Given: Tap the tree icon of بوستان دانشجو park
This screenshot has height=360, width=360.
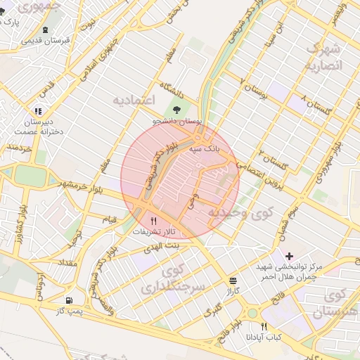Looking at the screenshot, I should [176, 109].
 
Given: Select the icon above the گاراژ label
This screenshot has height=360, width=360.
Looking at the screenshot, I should [233, 279].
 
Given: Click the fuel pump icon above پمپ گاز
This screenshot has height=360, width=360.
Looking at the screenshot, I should [68, 300].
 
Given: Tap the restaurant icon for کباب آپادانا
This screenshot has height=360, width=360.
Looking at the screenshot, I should [264, 327].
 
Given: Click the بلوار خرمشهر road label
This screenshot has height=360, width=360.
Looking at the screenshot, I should [78, 188].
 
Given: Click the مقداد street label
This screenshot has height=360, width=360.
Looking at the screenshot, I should [65, 262].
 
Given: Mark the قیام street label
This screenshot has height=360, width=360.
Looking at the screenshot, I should [110, 220].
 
